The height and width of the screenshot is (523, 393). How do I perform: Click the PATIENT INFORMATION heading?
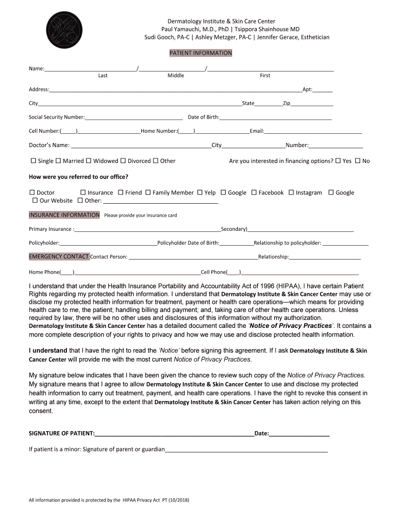click(201, 53)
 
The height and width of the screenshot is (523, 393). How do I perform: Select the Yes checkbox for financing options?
click(338, 161)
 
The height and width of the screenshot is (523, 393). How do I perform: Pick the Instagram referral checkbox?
click(291, 193)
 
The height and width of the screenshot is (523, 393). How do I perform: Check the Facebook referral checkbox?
click(254, 193)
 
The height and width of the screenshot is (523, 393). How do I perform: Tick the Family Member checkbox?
click(148, 193)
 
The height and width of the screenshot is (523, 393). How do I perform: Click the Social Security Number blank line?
click(134, 117)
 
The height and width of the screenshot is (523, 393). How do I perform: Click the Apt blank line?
click(323, 90)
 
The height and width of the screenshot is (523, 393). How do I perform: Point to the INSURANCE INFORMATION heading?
click(64, 215)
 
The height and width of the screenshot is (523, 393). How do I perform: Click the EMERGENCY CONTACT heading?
click(59, 256)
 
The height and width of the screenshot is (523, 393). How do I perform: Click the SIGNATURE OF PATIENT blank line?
click(174, 434)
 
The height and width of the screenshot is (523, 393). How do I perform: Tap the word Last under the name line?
click(103, 76)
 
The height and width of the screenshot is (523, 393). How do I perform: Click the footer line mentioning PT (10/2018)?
click(109, 500)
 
